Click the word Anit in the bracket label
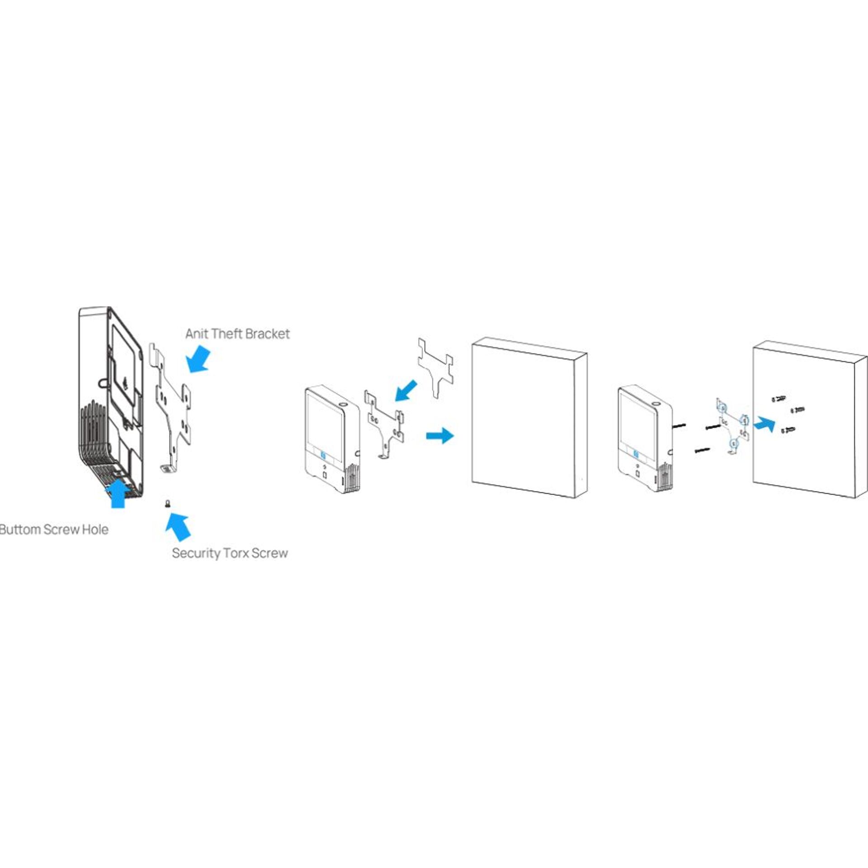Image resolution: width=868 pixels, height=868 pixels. point(197,334)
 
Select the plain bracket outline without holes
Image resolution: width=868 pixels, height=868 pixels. point(435,366)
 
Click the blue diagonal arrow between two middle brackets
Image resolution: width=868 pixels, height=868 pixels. point(406,390)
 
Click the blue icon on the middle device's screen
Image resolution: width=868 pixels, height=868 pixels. point(323,457)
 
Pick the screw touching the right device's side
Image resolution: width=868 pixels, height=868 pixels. point(679,425)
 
